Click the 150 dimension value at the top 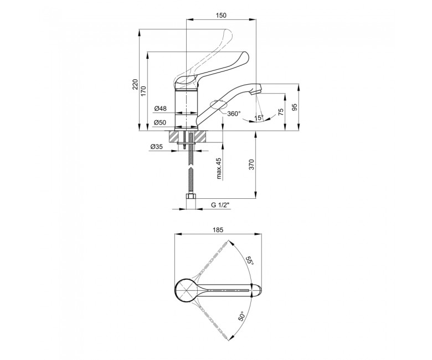tap(220, 15)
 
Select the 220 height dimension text tap(135, 84)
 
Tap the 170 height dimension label tap(143, 91)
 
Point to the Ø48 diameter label tap(161, 109)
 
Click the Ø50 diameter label tap(161, 122)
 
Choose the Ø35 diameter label tap(157, 147)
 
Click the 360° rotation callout tap(234, 114)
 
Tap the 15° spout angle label tap(259, 118)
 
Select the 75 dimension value tap(281, 111)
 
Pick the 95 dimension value tap(295, 107)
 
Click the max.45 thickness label tap(219, 168)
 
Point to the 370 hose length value tap(251, 164)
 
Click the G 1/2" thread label tap(220, 205)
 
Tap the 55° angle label tap(250, 260)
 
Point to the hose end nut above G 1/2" tap(191, 197)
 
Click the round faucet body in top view tap(186, 291)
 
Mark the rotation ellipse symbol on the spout tap(218, 105)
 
